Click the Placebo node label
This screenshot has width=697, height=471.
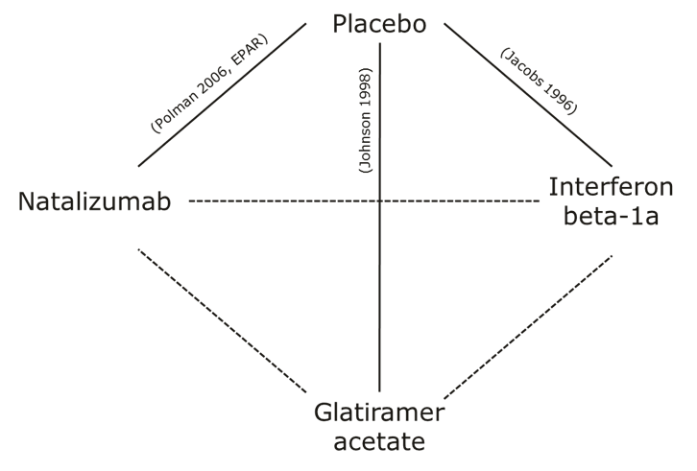tap(378, 24)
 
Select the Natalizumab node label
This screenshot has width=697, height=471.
tap(94, 202)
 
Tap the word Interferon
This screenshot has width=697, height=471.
tap(605, 186)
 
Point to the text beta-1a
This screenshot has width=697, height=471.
tap(605, 217)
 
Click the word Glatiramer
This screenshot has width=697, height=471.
tap(379, 412)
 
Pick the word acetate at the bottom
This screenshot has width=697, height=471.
tap(379, 442)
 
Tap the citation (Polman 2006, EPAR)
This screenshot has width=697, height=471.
tap(208, 84)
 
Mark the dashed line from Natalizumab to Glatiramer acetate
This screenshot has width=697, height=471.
tap(221, 319)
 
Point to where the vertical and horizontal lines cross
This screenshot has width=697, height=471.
tap(380, 200)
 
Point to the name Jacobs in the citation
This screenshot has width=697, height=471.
tap(521, 67)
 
